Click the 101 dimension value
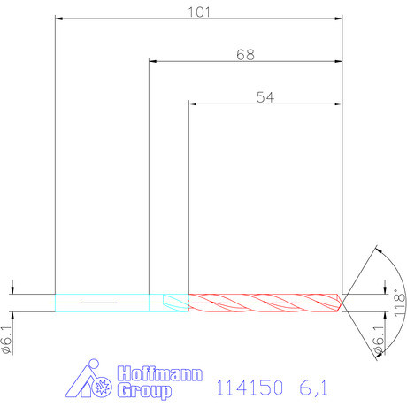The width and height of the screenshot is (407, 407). coord(198,12)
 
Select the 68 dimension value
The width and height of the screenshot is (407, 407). coord(245,55)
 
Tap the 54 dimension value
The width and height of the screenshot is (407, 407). coord(265,98)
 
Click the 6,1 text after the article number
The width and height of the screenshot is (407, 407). coord(312,388)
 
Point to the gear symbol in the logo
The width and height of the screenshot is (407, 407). coord(102,387)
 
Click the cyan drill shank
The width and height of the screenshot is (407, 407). coord(102,302)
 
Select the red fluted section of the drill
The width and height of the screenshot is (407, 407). coord(265,302)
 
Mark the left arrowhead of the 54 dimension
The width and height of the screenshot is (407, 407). coord(195,104)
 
